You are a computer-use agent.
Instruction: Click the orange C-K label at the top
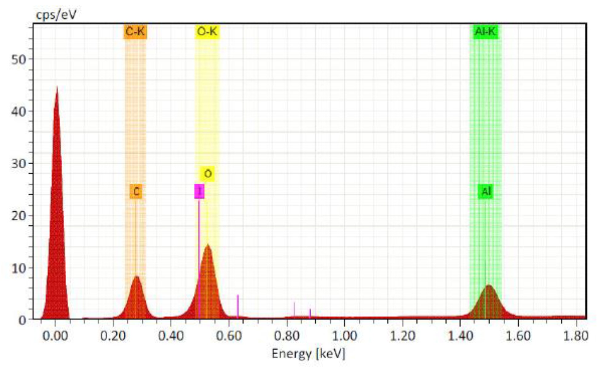(x=135, y=32)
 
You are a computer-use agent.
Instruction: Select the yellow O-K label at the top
(x=207, y=32)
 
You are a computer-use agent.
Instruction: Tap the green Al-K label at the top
(x=486, y=32)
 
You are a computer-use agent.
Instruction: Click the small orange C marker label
(x=136, y=192)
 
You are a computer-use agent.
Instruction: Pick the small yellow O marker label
(x=208, y=174)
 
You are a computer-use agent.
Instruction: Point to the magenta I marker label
(x=199, y=191)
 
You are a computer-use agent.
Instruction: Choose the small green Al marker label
(x=486, y=191)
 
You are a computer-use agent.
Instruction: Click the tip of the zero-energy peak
(x=57, y=87)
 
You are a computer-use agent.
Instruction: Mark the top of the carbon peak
(x=136, y=277)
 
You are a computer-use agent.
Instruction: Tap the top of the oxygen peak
(x=208, y=245)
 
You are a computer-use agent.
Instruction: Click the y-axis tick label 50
(x=19, y=59)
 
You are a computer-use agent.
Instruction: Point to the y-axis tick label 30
(x=19, y=163)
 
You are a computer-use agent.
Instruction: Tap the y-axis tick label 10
(x=19, y=268)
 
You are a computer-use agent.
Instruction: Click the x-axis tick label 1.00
(x=345, y=336)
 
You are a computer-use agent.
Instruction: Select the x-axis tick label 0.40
(x=171, y=336)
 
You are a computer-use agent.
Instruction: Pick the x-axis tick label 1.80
(x=575, y=336)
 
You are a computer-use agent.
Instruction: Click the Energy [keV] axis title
(x=308, y=354)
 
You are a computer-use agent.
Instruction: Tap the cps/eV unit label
(x=56, y=14)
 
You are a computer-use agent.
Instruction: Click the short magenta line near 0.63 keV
(x=237, y=306)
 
